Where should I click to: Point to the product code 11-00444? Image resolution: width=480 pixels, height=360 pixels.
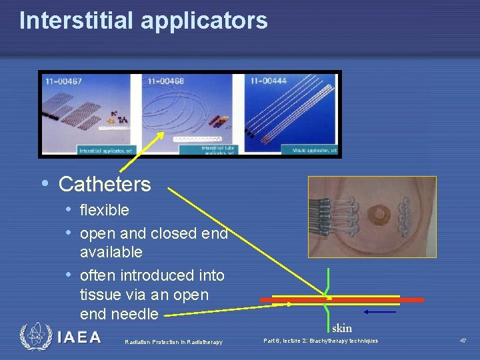(269, 81)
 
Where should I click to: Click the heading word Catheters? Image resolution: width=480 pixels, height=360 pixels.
(105, 184)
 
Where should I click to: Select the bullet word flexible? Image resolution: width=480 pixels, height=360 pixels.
(104, 211)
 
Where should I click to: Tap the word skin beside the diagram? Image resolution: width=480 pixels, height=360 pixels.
(341, 328)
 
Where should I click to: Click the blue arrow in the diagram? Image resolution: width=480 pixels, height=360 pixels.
(380, 311)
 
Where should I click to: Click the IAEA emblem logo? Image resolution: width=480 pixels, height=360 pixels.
(35, 337)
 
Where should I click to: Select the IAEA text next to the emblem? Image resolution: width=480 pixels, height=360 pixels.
(79, 337)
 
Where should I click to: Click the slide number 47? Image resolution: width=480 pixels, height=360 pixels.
(463, 341)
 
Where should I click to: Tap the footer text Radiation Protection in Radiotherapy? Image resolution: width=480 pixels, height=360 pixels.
(173, 342)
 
